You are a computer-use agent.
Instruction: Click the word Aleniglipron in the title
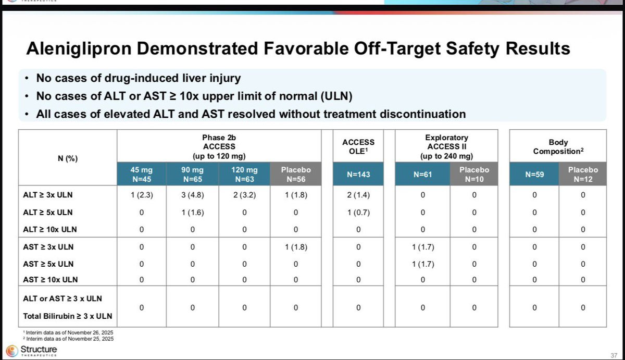(79, 49)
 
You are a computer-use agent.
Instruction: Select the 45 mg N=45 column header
(142, 174)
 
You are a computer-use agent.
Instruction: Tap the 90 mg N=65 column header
(193, 174)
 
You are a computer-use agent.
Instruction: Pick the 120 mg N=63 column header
(244, 174)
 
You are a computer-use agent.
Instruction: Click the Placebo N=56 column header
(296, 174)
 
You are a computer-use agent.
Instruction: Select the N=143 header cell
(358, 174)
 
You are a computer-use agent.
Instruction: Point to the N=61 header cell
(422, 174)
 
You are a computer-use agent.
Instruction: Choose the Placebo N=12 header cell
(583, 174)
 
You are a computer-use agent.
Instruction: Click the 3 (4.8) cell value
(193, 195)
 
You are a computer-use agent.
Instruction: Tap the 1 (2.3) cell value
(142, 195)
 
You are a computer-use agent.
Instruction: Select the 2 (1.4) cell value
(358, 195)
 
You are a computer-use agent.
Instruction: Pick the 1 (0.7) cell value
(358, 213)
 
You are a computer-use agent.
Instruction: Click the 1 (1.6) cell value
(193, 213)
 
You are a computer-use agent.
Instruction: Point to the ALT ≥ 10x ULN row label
(50, 229)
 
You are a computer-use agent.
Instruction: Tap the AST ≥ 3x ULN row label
(48, 247)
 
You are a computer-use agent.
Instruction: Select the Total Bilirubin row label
(68, 316)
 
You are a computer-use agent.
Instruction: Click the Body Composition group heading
(558, 147)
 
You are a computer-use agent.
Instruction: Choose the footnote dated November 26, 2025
(68, 333)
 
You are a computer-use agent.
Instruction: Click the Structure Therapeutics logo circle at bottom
(12, 351)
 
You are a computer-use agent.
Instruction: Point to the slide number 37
(614, 355)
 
